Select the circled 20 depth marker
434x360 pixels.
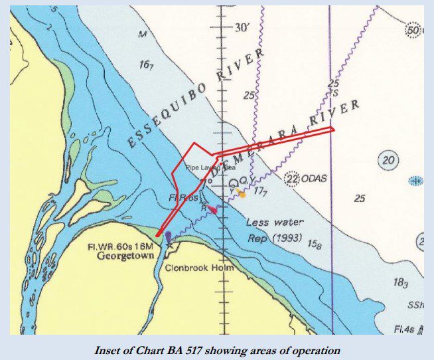[389, 160]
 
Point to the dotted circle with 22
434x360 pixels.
[291, 179]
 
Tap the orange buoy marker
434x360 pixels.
[242, 194]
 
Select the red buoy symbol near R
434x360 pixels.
[212, 210]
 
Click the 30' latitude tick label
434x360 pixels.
[244, 28]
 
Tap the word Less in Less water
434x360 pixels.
[257, 223]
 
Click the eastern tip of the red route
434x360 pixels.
[333, 129]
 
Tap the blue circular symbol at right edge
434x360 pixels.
[415, 181]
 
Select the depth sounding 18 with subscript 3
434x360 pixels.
[400, 283]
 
